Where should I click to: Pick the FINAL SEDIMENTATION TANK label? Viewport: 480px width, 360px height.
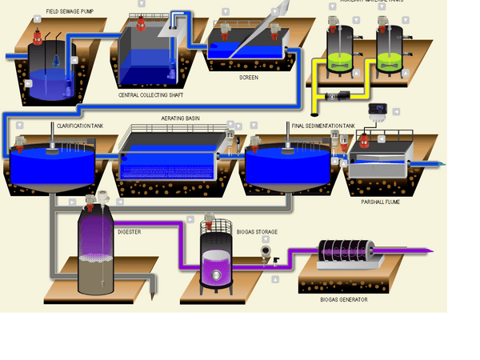click(x=318, y=126)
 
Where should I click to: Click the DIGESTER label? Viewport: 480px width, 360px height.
click(x=130, y=231)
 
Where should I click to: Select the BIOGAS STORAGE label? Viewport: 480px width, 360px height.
click(x=258, y=232)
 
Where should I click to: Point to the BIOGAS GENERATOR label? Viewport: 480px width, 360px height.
click(x=343, y=299)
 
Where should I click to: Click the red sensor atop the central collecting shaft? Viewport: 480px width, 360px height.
click(x=141, y=22)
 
